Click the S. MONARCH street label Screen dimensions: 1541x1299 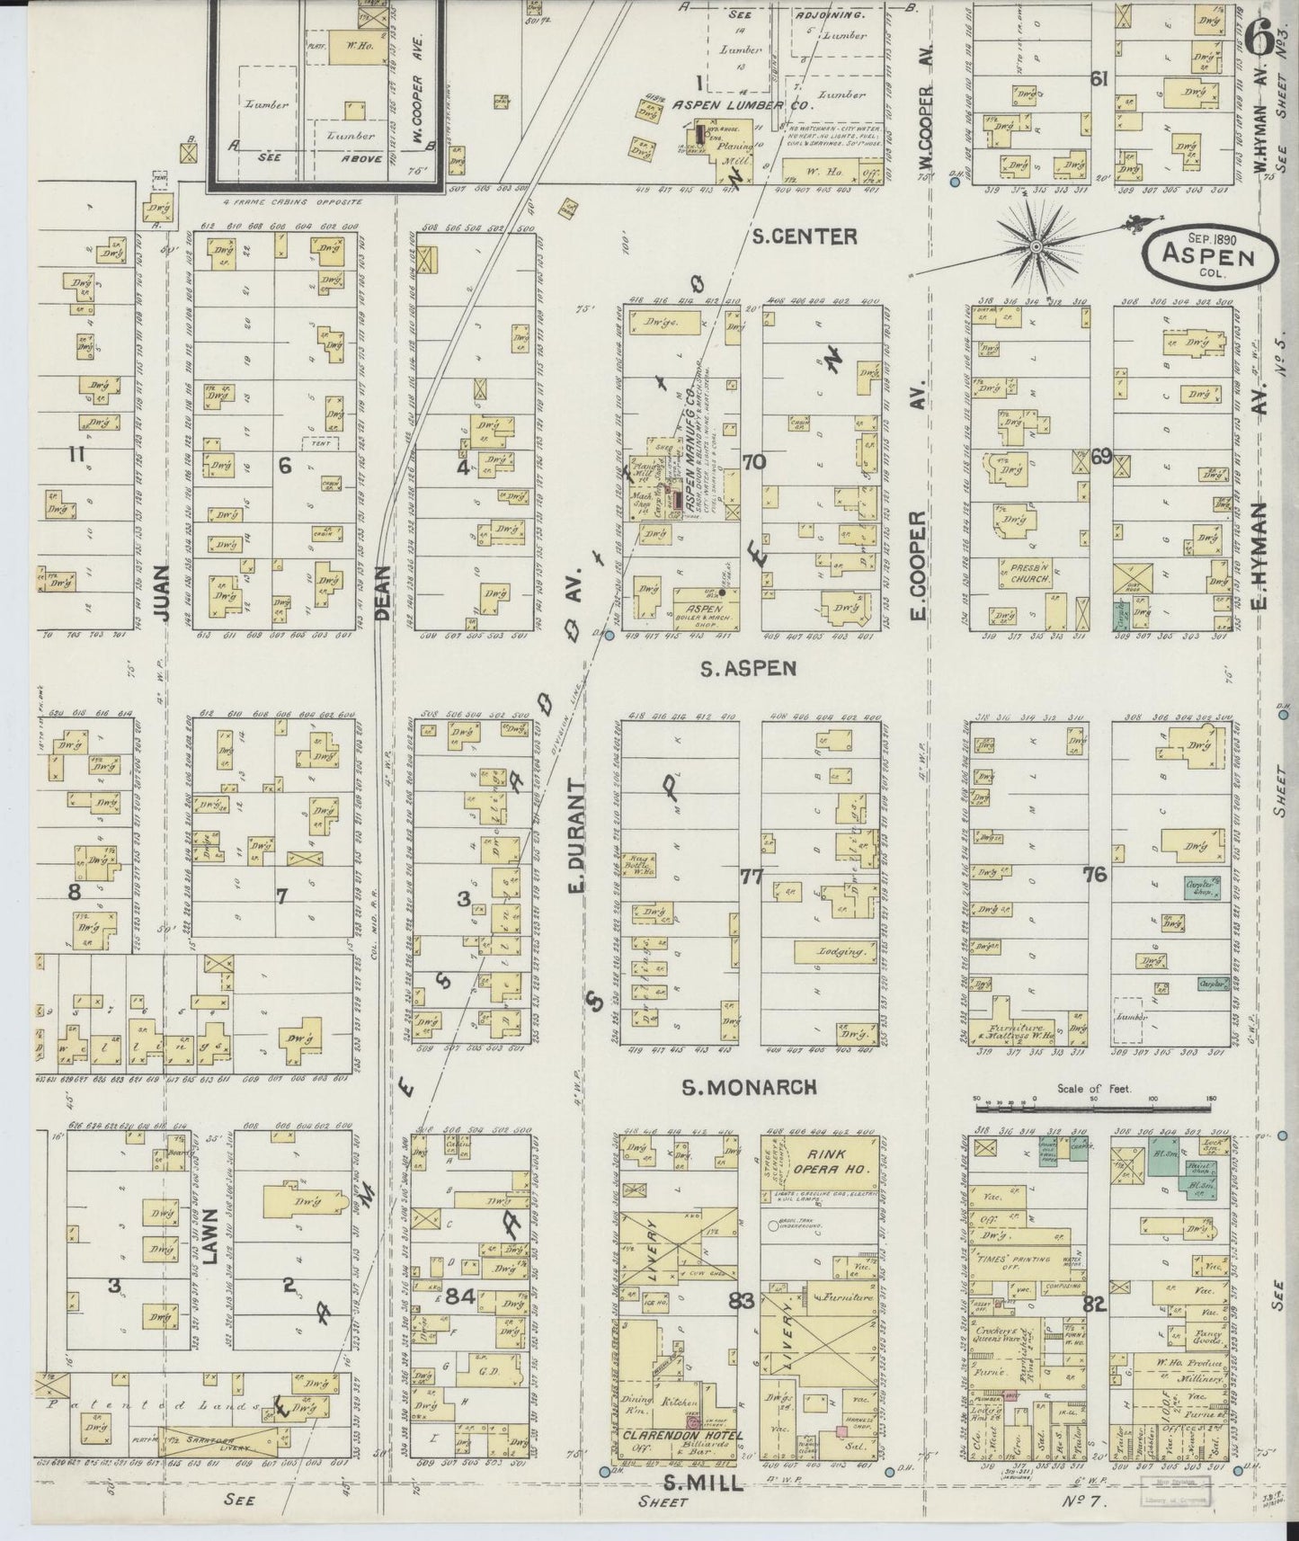pos(750,1088)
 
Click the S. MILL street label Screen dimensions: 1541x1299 pos(705,1483)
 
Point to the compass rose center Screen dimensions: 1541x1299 pos(1036,244)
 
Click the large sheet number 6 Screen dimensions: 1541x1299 pos(1259,36)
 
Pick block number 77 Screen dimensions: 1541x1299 pos(752,876)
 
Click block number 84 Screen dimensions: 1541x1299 pos(458,1297)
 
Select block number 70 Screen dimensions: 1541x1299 pos(753,462)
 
